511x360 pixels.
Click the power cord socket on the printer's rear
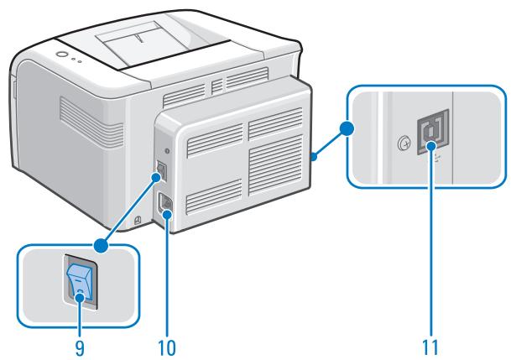tap(165, 205)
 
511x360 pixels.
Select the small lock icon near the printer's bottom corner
tap(138, 221)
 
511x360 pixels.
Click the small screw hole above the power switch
tap(166, 151)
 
